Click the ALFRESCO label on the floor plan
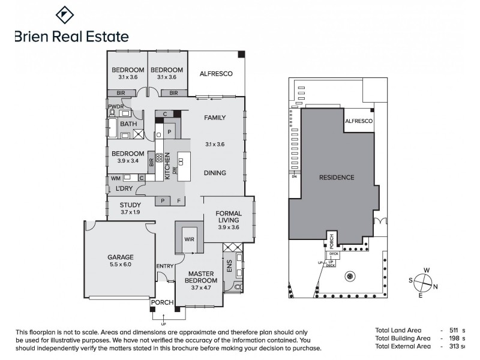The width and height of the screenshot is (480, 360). [x=216, y=74]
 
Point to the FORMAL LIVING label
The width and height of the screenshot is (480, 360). [x=228, y=217]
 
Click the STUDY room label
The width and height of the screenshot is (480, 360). [x=130, y=205]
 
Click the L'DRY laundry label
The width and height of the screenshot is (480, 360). [x=124, y=189]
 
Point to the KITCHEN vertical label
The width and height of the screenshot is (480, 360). [x=167, y=166]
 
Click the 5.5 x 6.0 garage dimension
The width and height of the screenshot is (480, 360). [x=120, y=264]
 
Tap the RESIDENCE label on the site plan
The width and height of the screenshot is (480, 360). [x=336, y=178]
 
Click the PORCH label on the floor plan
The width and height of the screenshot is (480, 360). [x=162, y=302]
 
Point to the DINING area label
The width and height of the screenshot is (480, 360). [x=215, y=173]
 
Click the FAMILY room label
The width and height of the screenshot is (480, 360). [x=215, y=118]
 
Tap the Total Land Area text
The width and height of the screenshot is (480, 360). [x=398, y=330]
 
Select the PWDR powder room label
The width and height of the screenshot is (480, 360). [x=115, y=106]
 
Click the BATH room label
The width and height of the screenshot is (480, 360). [x=128, y=124]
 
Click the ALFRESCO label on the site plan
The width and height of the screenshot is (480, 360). [x=359, y=121]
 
